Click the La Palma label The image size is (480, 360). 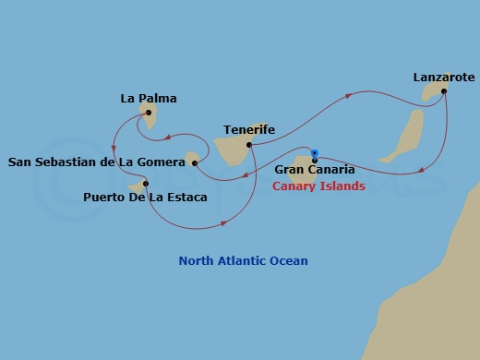click(149, 98)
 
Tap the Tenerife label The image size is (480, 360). click(249, 131)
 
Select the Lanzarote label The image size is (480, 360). click(437, 78)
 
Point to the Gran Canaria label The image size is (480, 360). click(315, 170)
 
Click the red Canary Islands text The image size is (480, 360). click(318, 186)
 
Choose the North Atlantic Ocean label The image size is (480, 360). click(243, 261)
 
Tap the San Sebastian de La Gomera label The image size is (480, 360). click(97, 163)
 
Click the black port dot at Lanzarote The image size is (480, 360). click(444, 91)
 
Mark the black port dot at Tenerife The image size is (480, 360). click(250, 145)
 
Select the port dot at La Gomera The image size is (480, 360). click(195, 164)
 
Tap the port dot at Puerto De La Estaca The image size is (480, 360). click(146, 184)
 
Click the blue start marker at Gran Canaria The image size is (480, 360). click(315, 154)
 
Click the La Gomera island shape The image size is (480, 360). click(193, 160)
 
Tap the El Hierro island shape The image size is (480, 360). click(139, 187)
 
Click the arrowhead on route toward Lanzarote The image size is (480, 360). click(349, 95)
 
